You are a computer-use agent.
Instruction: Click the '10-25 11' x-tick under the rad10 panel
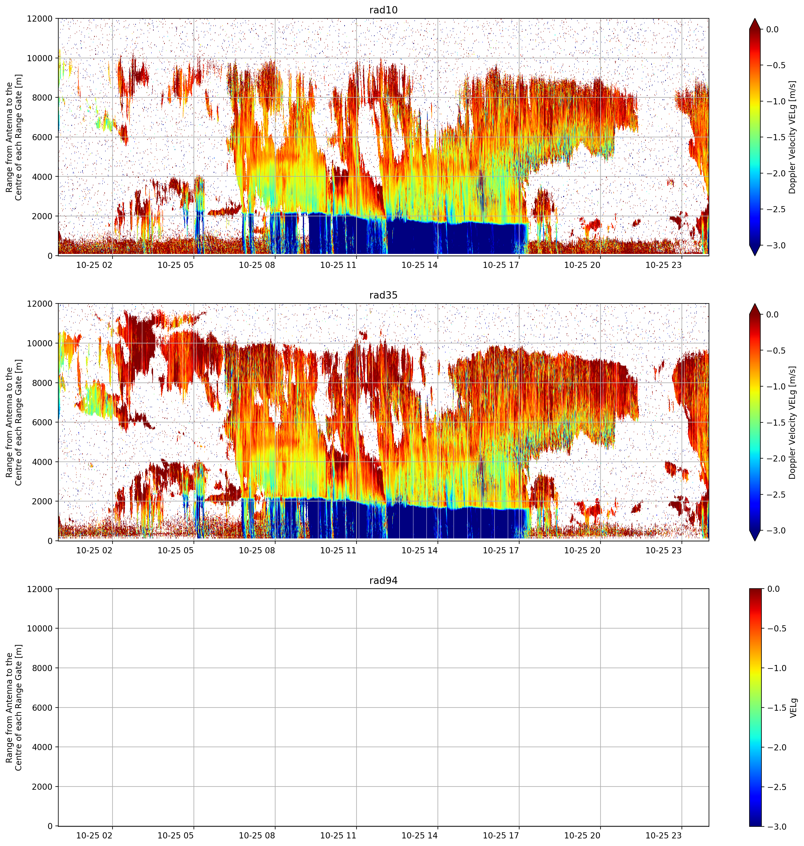pos(338,265)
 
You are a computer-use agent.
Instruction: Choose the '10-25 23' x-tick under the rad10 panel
pos(663,265)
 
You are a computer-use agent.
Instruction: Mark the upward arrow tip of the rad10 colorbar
pos(755,18)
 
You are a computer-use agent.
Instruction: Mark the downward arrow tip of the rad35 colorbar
pos(755,541)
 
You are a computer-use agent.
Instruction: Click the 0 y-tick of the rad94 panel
pos(50,826)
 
